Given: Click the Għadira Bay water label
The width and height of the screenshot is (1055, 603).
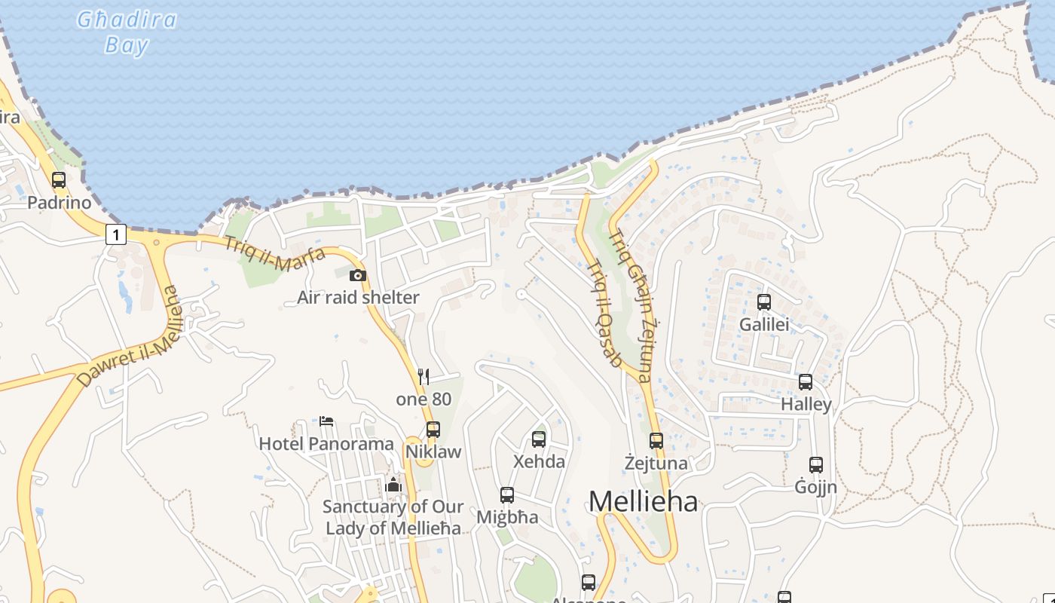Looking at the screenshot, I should pyautogui.click(x=127, y=32).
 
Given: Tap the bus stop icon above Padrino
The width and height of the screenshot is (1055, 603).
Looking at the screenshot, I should pyautogui.click(x=59, y=180).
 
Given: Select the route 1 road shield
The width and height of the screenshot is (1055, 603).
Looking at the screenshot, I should pyautogui.click(x=115, y=235).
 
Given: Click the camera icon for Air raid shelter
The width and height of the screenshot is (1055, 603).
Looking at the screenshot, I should pyautogui.click(x=358, y=276).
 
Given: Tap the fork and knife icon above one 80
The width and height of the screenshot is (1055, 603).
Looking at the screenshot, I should pyautogui.click(x=424, y=377).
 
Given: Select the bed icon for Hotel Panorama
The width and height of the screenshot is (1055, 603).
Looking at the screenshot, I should pyautogui.click(x=326, y=421).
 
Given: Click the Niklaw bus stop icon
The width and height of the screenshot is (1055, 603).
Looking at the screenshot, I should pyautogui.click(x=433, y=430).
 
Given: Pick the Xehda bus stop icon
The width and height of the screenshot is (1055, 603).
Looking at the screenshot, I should pyautogui.click(x=539, y=439).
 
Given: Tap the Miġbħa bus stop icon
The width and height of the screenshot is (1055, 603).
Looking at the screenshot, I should pyautogui.click(x=507, y=495).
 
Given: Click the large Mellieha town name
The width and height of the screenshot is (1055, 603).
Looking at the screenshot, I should pyautogui.click(x=643, y=501).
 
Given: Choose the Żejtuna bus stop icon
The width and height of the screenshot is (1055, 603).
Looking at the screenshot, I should pyautogui.click(x=656, y=441).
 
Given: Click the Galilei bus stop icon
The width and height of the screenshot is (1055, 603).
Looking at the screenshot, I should pyautogui.click(x=764, y=302).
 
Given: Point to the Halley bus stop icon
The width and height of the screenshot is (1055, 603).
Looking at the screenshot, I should pyautogui.click(x=806, y=382).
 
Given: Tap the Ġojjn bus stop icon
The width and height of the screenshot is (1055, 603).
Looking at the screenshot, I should pyautogui.click(x=816, y=465).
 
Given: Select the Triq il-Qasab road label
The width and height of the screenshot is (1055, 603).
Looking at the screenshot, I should pyautogui.click(x=603, y=314).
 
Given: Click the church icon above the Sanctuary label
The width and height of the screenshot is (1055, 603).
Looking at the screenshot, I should pyautogui.click(x=393, y=485).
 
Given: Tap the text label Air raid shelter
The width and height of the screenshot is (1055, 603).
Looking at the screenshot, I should pyautogui.click(x=358, y=298).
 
